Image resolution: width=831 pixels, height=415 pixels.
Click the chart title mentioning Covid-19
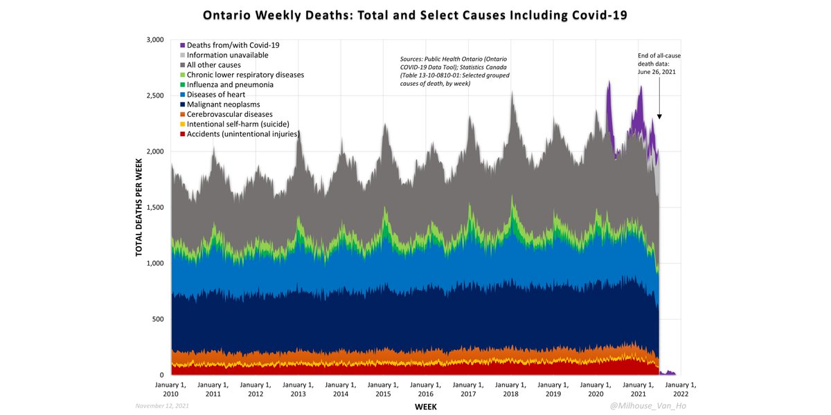click(x=415, y=15)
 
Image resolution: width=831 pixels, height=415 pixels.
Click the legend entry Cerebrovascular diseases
click(x=231, y=114)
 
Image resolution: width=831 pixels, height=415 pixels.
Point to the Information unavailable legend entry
click(x=222, y=55)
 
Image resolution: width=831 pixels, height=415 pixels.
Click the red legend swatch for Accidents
click(x=182, y=134)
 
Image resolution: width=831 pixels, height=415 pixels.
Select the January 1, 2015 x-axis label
click(x=383, y=389)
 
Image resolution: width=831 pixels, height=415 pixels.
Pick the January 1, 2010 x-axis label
click(x=170, y=389)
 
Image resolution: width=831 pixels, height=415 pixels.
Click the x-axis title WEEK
click(x=426, y=407)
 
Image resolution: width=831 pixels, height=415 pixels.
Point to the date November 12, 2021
click(x=161, y=406)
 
